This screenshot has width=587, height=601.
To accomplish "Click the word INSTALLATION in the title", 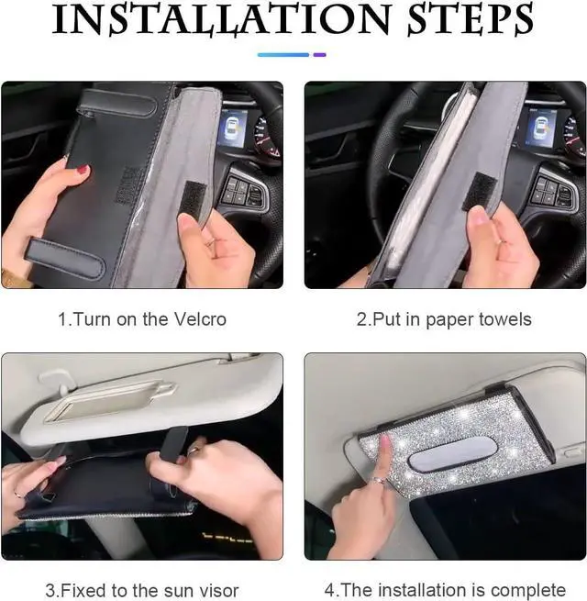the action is tap(221, 19).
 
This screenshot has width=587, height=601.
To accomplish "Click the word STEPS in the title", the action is tap(471, 19).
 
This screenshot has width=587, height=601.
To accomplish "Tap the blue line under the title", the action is tap(283, 55).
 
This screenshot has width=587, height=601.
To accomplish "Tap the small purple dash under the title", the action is tap(319, 55).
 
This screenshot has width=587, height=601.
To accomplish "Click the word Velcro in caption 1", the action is tap(200, 319).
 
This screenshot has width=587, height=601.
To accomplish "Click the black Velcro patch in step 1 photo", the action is tap(194, 200).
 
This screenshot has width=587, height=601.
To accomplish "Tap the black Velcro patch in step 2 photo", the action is tap(478, 192).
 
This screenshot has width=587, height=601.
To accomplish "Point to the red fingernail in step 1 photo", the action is tap(83, 169).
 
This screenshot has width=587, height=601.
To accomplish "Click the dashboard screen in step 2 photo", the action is tap(540, 128).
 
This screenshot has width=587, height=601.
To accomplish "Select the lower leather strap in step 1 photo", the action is tap(64, 259).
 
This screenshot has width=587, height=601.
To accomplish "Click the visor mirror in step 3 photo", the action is tap(109, 402).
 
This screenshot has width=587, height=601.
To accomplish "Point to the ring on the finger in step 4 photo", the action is tap(379, 481).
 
